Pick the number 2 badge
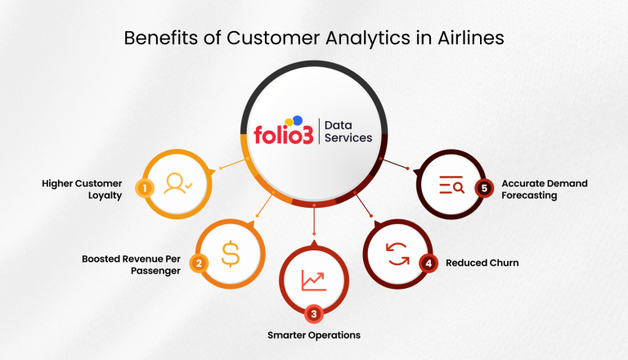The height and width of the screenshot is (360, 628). coord(198,263)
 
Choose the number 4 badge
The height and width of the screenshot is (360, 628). coord(427,263)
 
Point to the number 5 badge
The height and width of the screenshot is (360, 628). coord(483,188)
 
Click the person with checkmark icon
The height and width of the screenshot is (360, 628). coord(177,184)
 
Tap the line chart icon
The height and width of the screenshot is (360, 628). coord(313,280)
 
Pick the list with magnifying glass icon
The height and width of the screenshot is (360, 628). coord(451,187)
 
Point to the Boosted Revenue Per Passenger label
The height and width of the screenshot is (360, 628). coord(131,264)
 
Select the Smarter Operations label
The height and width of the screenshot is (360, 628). coord(314,335)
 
